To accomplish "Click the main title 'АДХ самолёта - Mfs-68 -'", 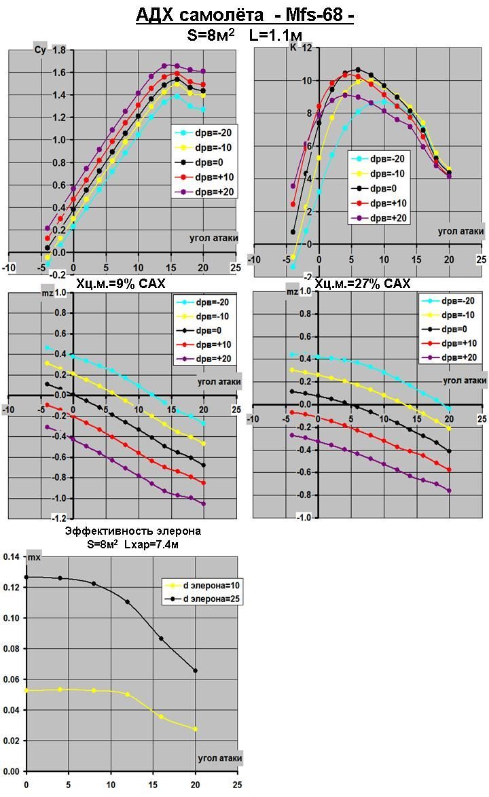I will tap(244, 15).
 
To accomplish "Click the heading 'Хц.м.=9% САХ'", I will tap(120, 283).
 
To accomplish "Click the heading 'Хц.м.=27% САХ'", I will tap(363, 283).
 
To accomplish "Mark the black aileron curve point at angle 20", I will tap(196, 671).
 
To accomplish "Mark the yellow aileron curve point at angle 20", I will tap(196, 729).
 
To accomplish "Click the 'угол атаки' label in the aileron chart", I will tap(219, 758).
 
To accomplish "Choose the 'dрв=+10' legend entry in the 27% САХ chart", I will tap(462, 343).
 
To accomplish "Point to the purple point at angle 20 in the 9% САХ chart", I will tap(203, 503).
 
